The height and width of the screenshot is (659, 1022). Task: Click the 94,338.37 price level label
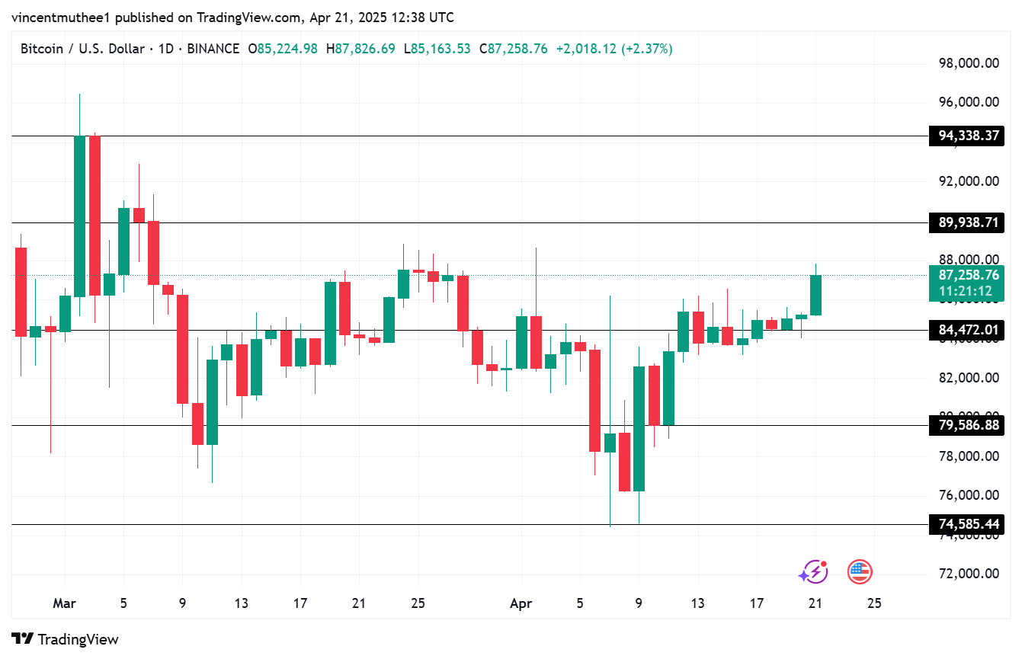pos(968,136)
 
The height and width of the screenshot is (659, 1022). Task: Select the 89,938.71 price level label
pos(968,222)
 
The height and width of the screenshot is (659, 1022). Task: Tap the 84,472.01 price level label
pos(968,331)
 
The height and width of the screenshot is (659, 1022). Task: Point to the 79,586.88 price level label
pos(968,425)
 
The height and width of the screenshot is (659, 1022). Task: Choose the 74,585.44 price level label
pos(968,524)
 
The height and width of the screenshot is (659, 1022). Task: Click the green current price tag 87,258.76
pos(968,276)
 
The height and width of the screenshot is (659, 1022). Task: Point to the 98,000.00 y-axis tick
pos(968,63)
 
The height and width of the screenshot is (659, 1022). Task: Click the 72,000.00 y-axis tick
pos(968,574)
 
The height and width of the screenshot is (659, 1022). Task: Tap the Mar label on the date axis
pos(64,603)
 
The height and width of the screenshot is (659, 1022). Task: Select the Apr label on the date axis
pos(521,603)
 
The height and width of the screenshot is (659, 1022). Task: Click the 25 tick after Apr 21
pos(874,603)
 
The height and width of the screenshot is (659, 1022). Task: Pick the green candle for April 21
pos(815,295)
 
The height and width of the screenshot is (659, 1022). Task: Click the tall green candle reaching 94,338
pos(79,216)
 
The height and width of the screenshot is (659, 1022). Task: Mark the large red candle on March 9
pos(183,349)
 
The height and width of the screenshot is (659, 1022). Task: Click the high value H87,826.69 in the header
pos(360,49)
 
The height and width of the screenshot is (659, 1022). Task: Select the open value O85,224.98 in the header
pos(283,49)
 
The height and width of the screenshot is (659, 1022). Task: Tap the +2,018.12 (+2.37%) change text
pos(614,49)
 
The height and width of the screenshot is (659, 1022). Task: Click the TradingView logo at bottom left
pos(65,639)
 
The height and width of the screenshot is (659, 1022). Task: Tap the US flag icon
pos(860,571)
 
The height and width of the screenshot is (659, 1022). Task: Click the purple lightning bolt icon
pos(812,571)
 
